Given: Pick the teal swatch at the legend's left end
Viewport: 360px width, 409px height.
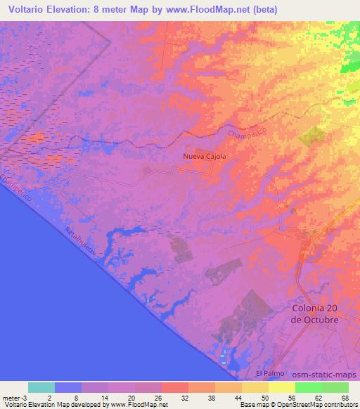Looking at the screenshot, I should pyautogui.click(x=41, y=387).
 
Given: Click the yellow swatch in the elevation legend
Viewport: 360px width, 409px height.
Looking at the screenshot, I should pyautogui.click(x=282, y=387).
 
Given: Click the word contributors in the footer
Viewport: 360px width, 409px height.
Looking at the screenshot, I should pyautogui.click(x=336, y=405).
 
